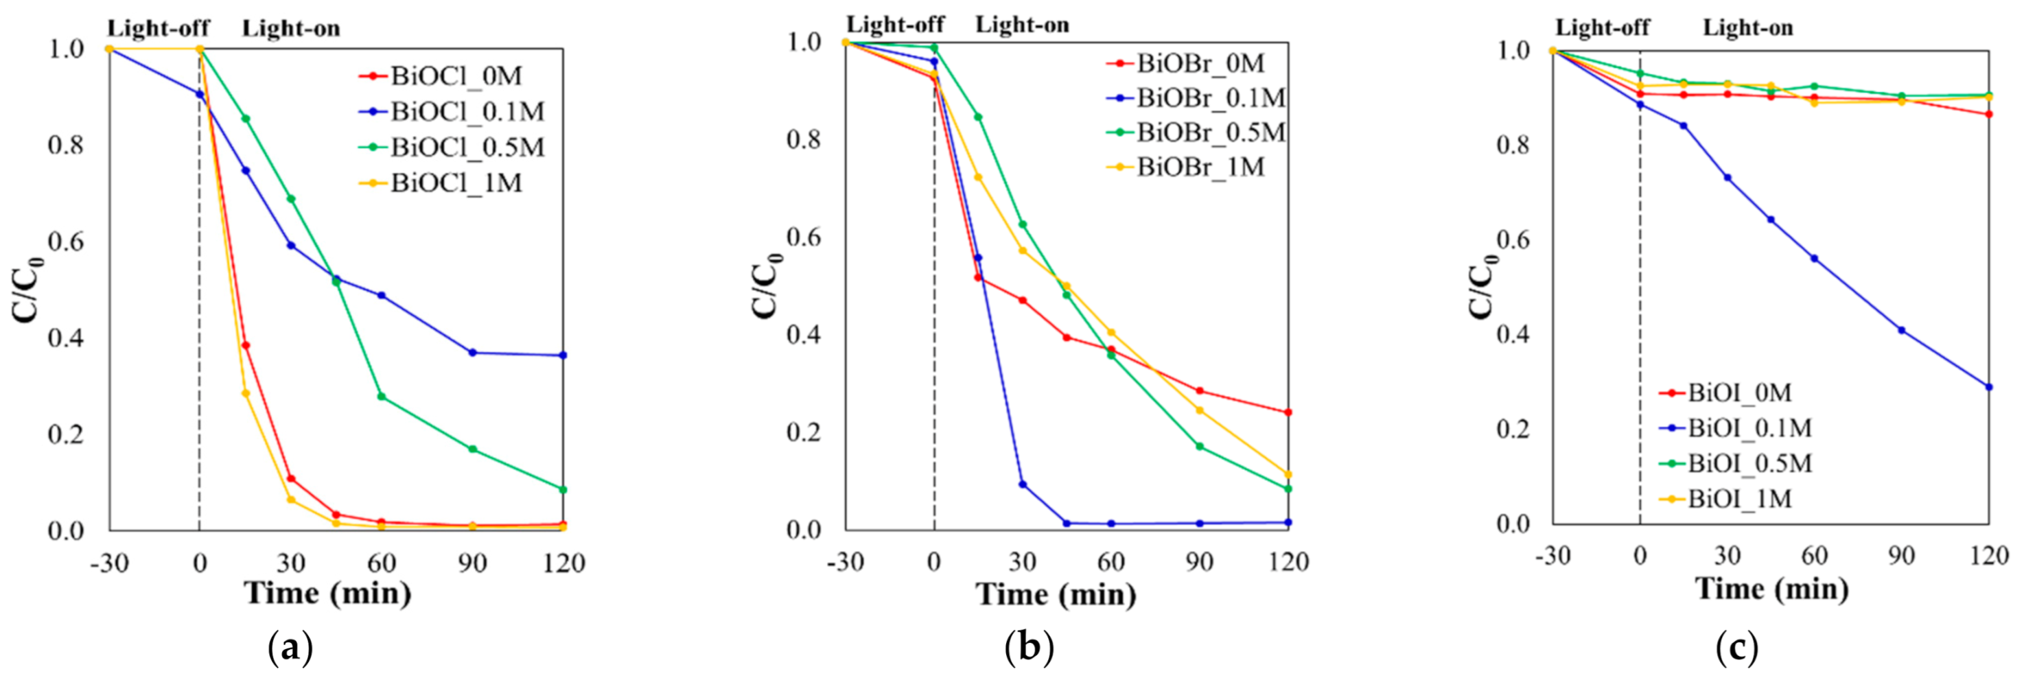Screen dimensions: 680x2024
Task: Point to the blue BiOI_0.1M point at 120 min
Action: [1988, 387]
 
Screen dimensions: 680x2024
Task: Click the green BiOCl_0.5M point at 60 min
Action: [382, 397]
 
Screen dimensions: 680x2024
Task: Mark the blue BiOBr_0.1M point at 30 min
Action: [1022, 484]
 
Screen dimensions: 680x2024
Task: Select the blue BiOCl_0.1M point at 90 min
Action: [472, 353]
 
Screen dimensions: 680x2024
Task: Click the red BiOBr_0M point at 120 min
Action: [1288, 412]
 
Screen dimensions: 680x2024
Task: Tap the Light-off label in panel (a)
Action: [158, 29]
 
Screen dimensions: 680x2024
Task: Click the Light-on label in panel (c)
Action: [1747, 29]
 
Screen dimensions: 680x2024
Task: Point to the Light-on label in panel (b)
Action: [1022, 25]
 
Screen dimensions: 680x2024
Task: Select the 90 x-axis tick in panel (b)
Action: [1199, 562]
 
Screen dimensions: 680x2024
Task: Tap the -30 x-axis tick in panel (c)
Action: [1552, 556]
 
